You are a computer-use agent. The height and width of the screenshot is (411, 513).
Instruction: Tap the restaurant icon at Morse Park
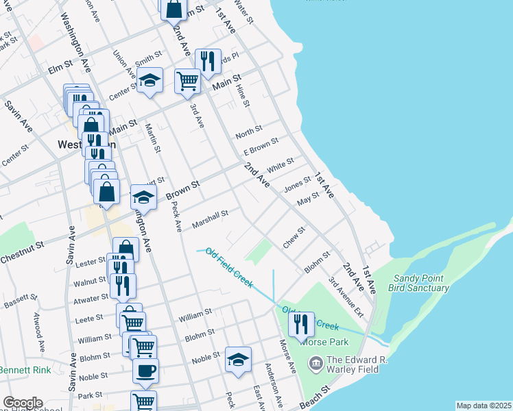[x=300, y=323]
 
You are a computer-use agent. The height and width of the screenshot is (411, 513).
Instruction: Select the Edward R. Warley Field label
[x=357, y=366]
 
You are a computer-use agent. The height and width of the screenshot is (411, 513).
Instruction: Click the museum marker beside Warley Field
[x=315, y=362]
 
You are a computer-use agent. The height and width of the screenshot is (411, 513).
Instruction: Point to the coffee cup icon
[x=145, y=371]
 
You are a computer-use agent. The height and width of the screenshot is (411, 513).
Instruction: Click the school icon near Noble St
[x=238, y=359]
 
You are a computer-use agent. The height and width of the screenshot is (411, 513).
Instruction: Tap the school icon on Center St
[x=149, y=80]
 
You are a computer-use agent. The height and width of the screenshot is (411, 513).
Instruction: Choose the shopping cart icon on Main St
[x=187, y=80]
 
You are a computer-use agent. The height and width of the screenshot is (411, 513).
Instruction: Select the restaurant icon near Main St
[x=206, y=61]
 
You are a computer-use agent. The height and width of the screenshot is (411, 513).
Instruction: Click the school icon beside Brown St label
[x=143, y=197]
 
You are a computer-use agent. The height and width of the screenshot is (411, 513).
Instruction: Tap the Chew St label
[x=294, y=238]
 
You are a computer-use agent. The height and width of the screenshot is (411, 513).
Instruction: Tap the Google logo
[x=23, y=403]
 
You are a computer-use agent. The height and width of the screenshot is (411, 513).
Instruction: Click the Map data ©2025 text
[x=484, y=406]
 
